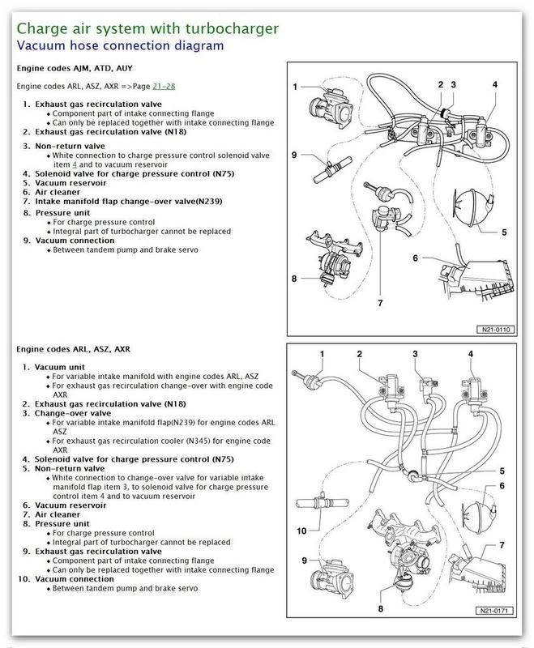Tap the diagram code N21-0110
coord(494,330)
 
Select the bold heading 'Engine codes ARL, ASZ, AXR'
coord(71,348)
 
